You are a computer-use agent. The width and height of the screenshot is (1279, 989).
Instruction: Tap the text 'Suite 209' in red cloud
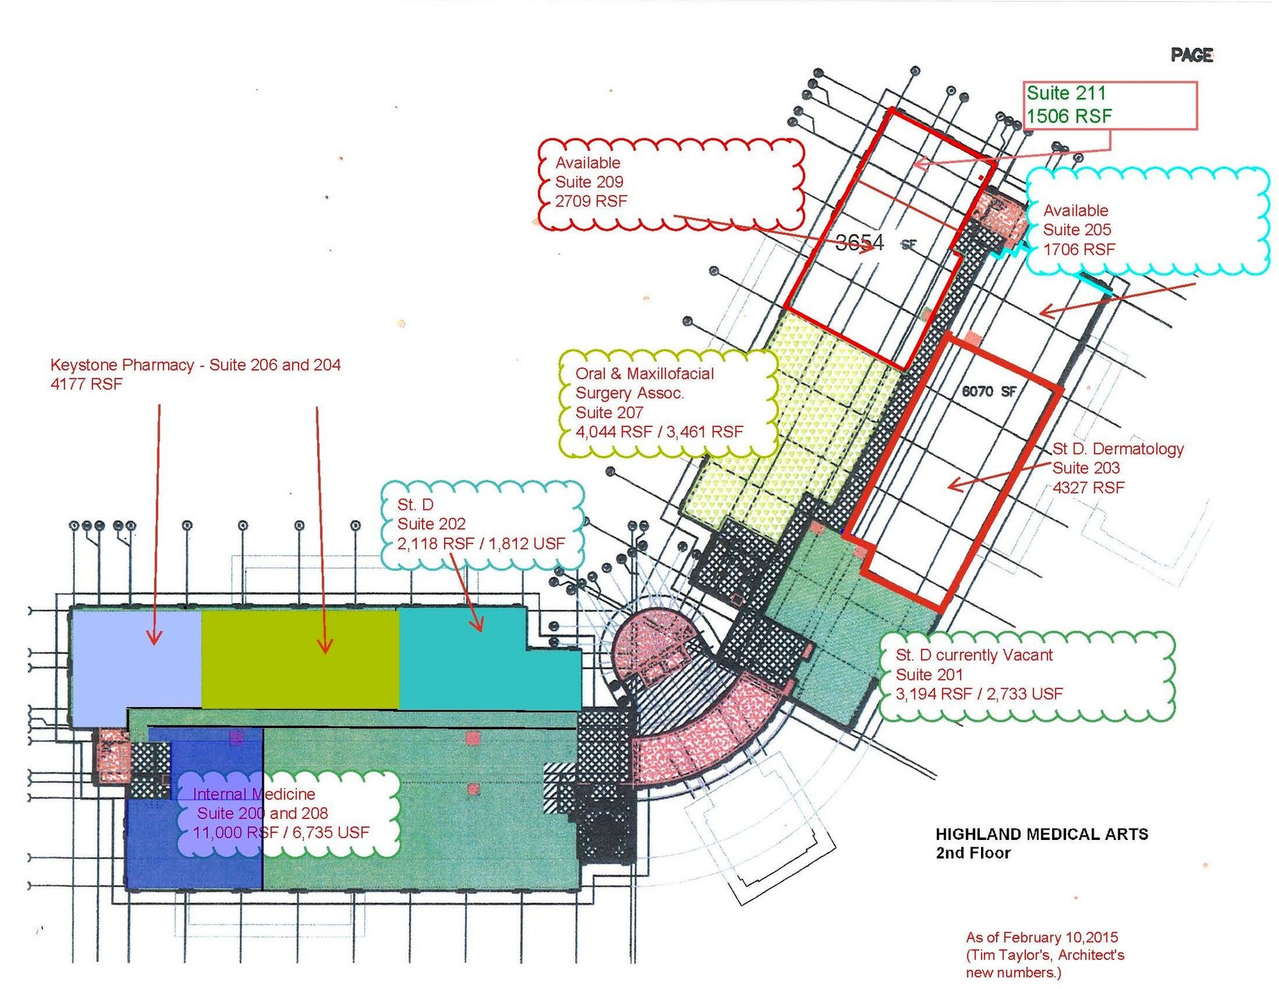589,182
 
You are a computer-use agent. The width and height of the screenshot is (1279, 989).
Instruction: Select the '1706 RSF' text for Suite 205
1079,249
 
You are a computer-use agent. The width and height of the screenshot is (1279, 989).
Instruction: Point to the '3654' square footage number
859,242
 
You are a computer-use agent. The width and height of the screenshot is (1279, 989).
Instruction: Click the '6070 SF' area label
988,391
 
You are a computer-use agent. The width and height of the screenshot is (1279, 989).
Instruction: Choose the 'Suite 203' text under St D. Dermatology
1086,468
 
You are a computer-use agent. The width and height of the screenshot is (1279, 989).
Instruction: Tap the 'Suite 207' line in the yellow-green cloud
609,413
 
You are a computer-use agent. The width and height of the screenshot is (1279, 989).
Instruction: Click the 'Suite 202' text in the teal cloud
431,524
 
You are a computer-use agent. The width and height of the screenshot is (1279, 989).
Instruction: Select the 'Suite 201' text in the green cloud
929,674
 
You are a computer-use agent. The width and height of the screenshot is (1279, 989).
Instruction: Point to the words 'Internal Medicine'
254,794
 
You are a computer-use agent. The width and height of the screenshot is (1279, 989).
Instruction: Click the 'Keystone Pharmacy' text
122,365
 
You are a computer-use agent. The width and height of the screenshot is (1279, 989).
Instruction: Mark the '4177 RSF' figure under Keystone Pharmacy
86,384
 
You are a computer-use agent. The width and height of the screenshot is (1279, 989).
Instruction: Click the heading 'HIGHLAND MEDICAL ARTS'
1042,834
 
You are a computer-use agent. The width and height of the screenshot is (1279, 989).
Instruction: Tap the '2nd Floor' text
973,853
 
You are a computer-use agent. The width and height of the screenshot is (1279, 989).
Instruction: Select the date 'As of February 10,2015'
1042,937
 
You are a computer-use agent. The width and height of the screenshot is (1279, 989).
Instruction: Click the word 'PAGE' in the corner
1192,55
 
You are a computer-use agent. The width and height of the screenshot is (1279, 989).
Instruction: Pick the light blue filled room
136,666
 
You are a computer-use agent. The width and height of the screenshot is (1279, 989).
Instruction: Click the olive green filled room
300,659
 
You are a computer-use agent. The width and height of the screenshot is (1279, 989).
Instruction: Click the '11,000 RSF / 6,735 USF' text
281,832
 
